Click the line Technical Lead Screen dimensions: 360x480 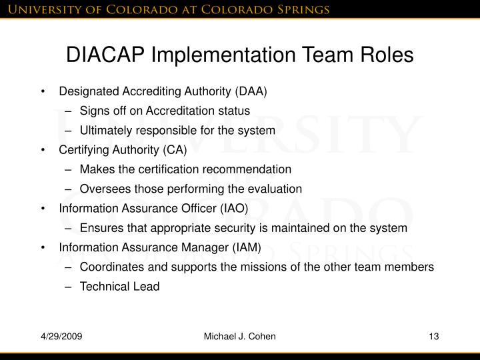pyautogui.click(x=120, y=287)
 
